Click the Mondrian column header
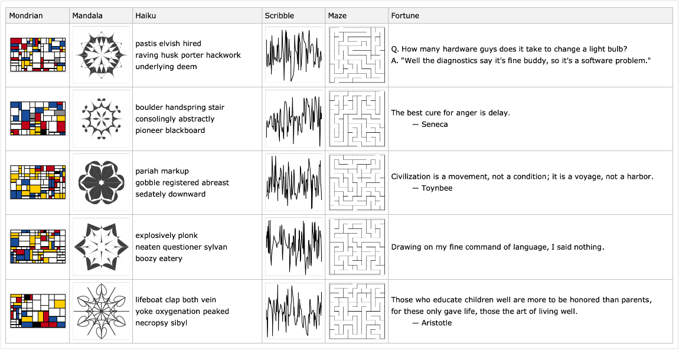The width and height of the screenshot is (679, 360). coord(26,15)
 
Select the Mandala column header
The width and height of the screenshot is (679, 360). coord(87,15)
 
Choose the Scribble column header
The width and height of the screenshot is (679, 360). coord(279,15)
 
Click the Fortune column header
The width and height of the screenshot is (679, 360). coord(405,15)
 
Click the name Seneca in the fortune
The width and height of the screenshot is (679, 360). coord(435,125)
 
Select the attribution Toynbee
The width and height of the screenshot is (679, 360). coord(437,188)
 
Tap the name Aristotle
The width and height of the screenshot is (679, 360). coord(436,323)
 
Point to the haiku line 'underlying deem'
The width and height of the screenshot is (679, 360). coord(166,67)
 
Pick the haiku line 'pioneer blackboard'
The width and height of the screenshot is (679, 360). coord(170,130)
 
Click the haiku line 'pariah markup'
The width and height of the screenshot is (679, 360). coord(162,171)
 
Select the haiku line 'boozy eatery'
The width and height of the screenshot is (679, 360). coord(159,258)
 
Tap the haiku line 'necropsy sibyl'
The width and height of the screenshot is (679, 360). coord(161,323)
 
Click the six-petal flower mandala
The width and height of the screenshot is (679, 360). coord(101,182)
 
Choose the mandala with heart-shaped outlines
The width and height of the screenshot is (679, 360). coord(101,311)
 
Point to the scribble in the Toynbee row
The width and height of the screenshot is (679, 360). coord(293,182)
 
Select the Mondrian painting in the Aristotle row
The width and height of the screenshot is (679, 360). coord(38,311)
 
